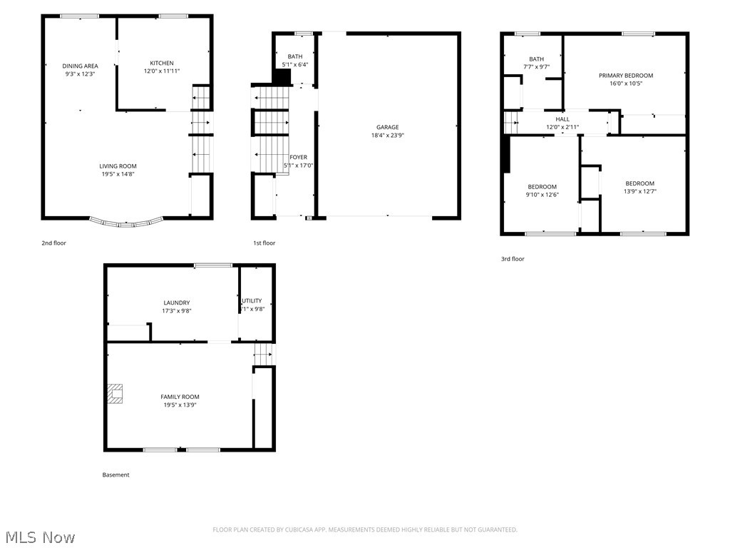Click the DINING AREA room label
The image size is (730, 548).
coord(80,66)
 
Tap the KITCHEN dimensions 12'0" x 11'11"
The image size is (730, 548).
coord(161,71)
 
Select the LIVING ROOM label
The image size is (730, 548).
coord(118,166)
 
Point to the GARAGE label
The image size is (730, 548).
coord(388,128)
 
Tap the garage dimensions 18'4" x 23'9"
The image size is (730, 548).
coord(388,136)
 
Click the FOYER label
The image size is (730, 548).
coord(298,157)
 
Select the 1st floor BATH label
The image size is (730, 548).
coord(294,56)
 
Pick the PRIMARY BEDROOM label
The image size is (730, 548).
coord(625,76)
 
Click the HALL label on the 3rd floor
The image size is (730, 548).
coord(562,120)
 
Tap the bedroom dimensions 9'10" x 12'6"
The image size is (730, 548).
coord(542,195)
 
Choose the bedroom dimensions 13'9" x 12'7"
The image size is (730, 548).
coord(639,191)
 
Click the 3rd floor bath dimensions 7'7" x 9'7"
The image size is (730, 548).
coord(536,67)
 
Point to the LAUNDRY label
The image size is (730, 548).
coord(176,303)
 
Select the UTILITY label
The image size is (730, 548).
coord(252,300)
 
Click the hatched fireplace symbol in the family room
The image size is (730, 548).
coord(115,393)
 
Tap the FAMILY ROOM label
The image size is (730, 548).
coord(180,397)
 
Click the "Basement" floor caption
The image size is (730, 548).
coord(116,475)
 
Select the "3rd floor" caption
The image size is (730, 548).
coord(512,259)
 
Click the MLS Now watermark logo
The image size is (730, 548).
coord(39,537)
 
